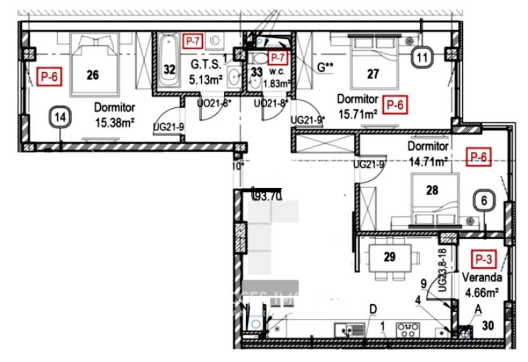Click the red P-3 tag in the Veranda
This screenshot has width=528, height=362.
click(485, 259)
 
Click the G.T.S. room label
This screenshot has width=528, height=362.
click(205, 64)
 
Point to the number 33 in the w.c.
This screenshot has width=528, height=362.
click(255, 72)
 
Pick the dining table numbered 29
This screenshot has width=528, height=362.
click(390, 257)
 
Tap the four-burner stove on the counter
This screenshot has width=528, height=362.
click(405, 330)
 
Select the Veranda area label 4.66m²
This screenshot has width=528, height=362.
click(482, 293)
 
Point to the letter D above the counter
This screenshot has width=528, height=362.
click(373, 309)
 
